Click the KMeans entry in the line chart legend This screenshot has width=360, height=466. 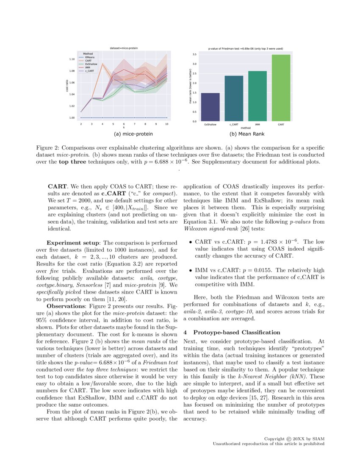(90, 57)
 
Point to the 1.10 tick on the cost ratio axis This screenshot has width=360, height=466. (72, 59)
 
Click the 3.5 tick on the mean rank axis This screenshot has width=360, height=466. (194, 55)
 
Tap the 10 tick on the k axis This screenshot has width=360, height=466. (167, 124)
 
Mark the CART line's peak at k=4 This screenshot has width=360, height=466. (102, 64)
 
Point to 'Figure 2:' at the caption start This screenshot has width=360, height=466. (47, 148)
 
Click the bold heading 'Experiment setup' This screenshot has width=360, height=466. (73, 243)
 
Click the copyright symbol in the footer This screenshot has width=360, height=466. (289, 438)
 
